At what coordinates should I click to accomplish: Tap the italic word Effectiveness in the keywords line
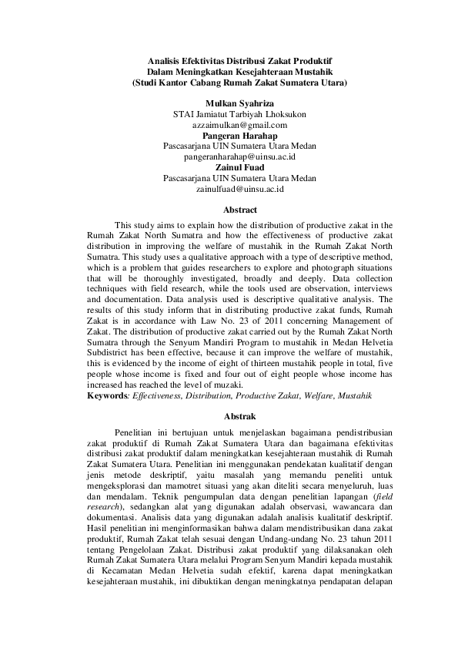(x=158, y=395)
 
